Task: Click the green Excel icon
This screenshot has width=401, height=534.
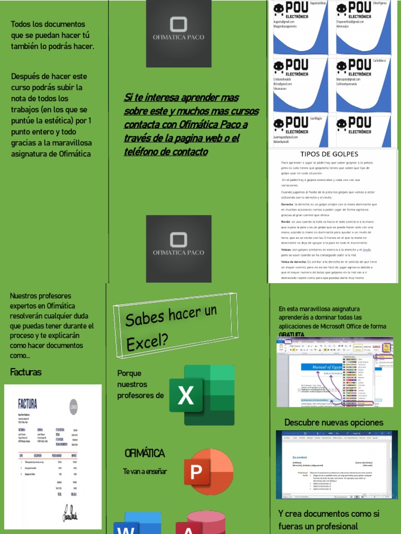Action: click(x=201, y=395)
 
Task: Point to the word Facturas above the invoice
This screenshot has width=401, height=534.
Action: click(x=26, y=372)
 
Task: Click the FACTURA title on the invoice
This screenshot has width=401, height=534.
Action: click(x=28, y=404)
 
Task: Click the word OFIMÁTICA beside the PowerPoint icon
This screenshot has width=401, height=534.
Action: click(x=145, y=453)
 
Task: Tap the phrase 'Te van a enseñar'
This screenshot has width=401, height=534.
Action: click(x=145, y=471)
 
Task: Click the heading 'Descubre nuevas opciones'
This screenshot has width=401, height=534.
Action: click(x=334, y=422)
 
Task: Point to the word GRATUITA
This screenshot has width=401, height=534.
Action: click(x=291, y=334)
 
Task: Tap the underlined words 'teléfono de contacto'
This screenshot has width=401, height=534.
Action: click(x=166, y=152)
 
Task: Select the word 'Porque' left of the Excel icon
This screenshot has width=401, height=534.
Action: click(x=129, y=373)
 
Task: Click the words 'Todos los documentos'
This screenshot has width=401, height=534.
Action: click(x=48, y=25)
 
